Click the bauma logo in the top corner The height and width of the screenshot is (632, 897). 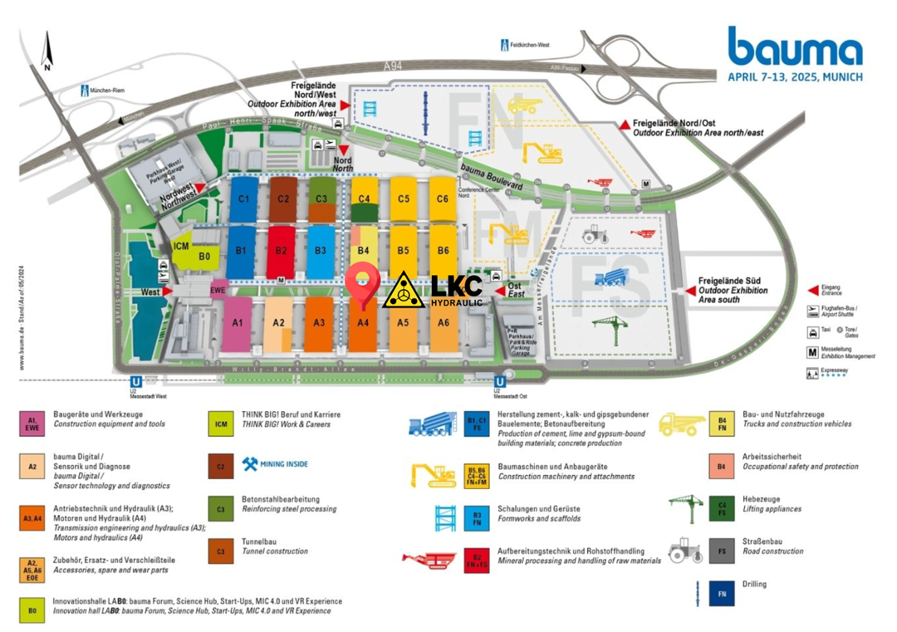coord(795,47)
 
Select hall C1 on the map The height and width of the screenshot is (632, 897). coord(243,199)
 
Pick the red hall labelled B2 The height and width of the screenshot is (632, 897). coord(282,250)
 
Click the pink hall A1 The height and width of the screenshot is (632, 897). coord(237,323)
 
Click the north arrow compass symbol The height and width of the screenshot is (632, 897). coord(47,51)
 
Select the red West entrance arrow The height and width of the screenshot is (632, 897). coord(167,292)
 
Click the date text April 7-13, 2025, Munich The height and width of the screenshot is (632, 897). coord(795,76)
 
